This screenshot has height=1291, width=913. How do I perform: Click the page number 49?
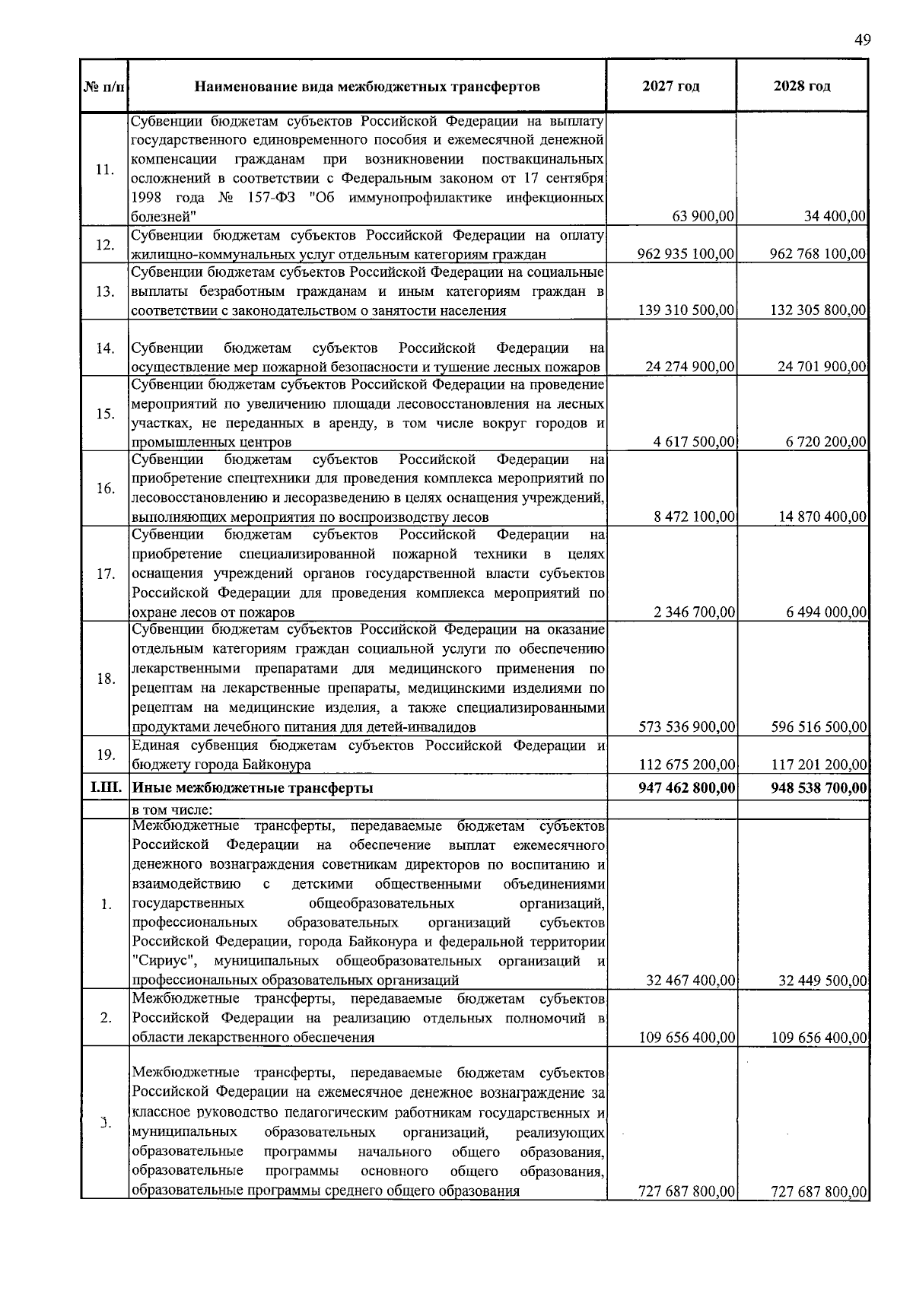(862, 40)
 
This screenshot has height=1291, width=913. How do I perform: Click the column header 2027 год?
(670, 86)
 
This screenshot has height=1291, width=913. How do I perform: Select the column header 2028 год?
(802, 86)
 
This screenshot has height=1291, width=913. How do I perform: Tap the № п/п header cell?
(103, 87)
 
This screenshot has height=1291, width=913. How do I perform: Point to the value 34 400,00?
(835, 216)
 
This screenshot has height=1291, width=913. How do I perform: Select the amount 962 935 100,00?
(686, 253)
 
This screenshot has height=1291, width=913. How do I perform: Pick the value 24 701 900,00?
(822, 367)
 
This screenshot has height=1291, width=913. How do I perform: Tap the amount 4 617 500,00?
(694, 442)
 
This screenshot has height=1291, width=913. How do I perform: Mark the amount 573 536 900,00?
(686, 727)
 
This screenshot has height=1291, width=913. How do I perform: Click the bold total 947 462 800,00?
(686, 788)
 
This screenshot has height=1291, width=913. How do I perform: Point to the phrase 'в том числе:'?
(171, 809)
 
